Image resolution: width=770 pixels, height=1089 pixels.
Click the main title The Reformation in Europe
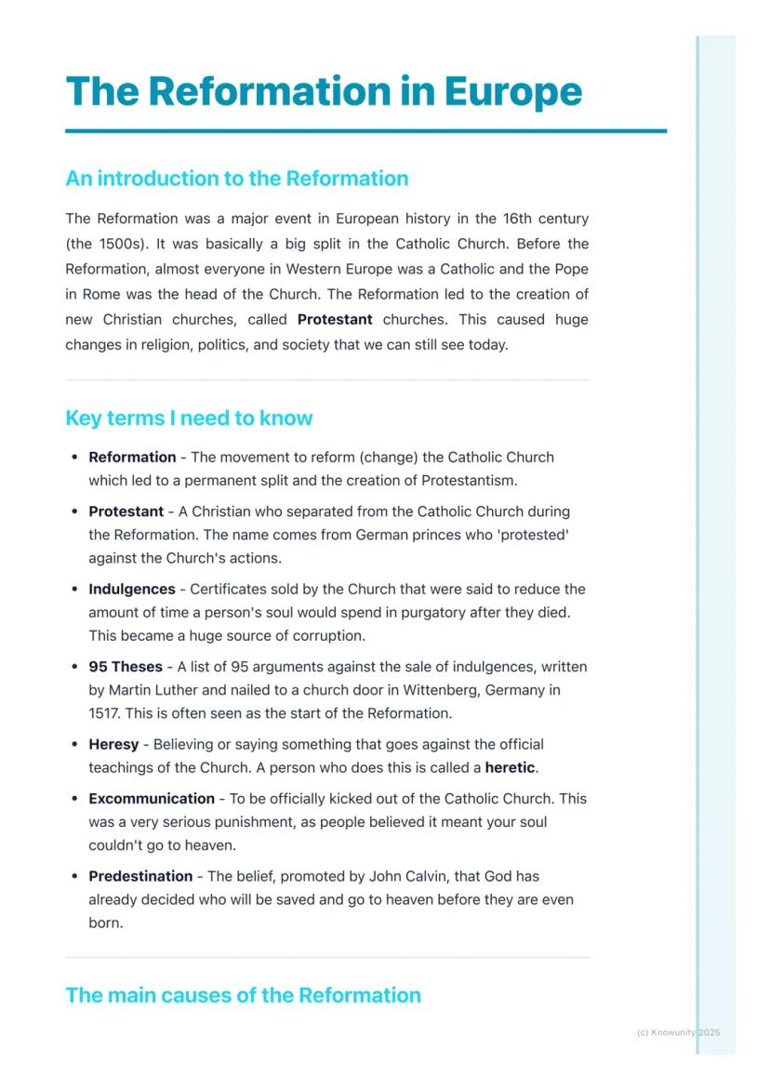pyautogui.click(x=324, y=91)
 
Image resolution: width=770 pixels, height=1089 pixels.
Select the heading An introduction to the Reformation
pyautogui.click(x=236, y=179)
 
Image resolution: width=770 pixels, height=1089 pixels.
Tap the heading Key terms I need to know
pyautogui.click(x=189, y=418)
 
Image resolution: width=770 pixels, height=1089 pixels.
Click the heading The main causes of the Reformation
pyautogui.click(x=243, y=995)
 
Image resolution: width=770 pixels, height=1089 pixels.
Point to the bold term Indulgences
pyautogui.click(x=131, y=589)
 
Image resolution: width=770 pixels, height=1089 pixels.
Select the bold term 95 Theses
pyautogui.click(x=125, y=667)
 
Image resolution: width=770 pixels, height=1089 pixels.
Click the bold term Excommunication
pyautogui.click(x=151, y=798)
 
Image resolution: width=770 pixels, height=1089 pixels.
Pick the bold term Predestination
pyautogui.click(x=139, y=876)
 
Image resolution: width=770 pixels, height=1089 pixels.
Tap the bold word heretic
pyautogui.click(x=511, y=768)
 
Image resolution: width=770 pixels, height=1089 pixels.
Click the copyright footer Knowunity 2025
pyautogui.click(x=678, y=1032)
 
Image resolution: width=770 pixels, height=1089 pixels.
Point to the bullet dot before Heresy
pyautogui.click(x=74, y=745)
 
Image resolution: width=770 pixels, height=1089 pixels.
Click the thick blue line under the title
pyautogui.click(x=365, y=131)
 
